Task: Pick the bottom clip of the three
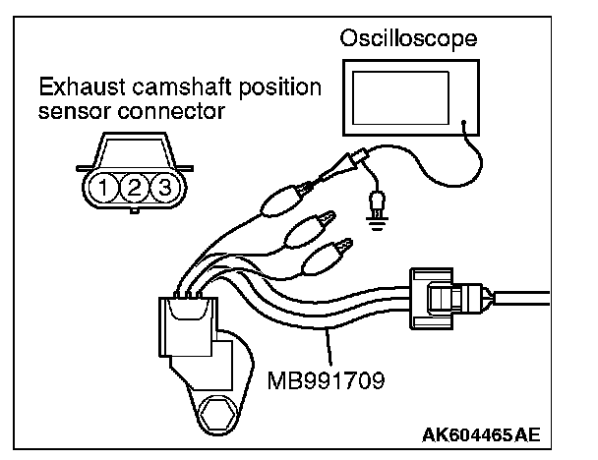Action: point(325,259)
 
